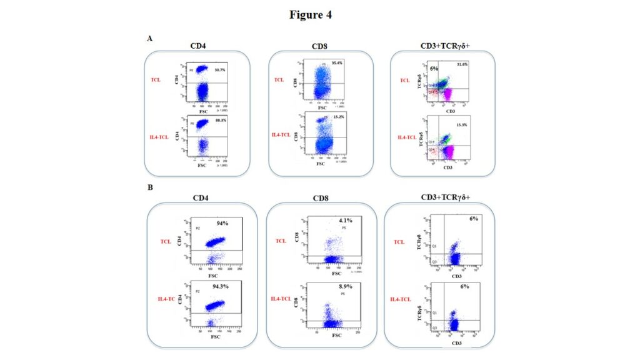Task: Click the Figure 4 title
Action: coord(311,15)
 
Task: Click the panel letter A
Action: coord(149,39)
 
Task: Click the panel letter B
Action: coord(149,187)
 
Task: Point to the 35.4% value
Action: coord(337,63)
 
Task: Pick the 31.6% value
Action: coord(462,64)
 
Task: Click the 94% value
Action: coord(222,222)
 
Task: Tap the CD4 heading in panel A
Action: coord(199,45)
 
